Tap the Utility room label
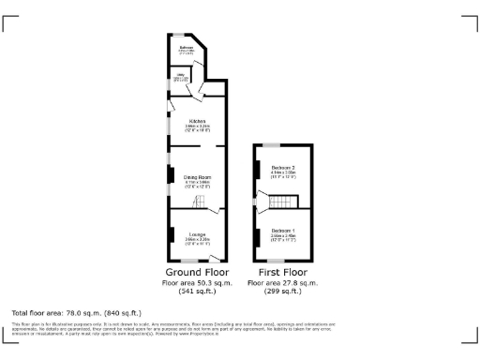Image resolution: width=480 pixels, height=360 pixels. tap(180, 76)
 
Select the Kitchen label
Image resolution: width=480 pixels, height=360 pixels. tap(197, 121)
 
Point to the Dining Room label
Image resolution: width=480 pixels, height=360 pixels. tap(197, 176)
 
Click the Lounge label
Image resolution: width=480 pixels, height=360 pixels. tap(197, 233)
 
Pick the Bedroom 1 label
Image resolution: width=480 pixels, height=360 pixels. tap(283, 229)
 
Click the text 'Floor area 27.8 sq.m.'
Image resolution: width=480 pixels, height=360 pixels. tap(283, 282)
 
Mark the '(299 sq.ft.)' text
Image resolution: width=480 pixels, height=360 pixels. tap(283, 292)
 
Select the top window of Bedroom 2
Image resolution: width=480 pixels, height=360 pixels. tap(271, 145)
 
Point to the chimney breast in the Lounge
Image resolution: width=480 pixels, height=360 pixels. tap(171, 232)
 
